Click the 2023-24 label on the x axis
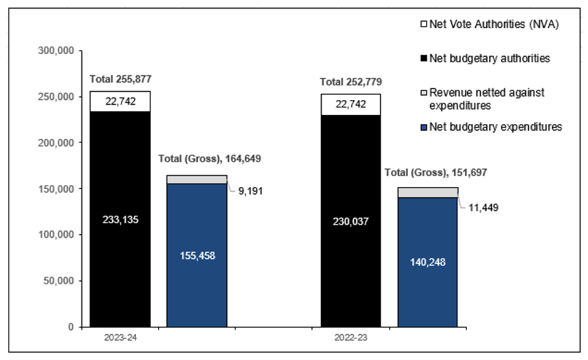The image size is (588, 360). (120, 338)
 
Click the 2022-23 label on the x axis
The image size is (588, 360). (351, 338)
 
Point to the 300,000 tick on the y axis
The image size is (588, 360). (56, 51)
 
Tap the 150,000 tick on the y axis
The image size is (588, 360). (56, 189)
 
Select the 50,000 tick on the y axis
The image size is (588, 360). (59, 280)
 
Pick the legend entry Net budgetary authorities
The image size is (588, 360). (486, 59)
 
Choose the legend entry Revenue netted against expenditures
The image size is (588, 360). (486, 99)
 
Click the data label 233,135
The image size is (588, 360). (120, 220)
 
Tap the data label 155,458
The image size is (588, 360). (197, 254)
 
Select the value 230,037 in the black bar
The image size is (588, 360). (351, 221)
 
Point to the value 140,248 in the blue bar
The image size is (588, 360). (428, 262)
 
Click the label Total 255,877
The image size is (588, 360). (121, 79)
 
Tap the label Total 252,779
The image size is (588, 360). (351, 82)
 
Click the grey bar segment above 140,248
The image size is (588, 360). (428, 192)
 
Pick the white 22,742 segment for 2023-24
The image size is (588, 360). (120, 102)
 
